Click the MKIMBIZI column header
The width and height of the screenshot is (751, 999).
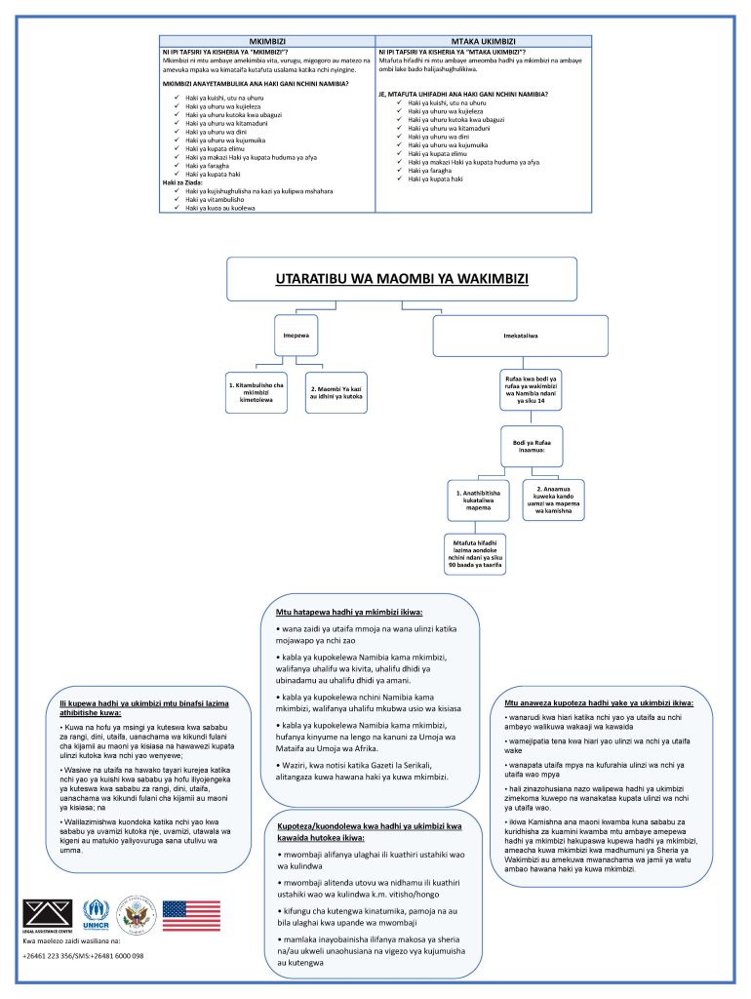click(x=267, y=41)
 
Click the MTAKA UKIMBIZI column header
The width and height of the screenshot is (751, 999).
click(x=484, y=41)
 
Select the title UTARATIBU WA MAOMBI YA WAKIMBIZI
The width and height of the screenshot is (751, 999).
click(x=402, y=278)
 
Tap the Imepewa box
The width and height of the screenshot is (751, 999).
click(x=296, y=336)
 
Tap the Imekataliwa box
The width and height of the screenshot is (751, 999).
click(x=521, y=336)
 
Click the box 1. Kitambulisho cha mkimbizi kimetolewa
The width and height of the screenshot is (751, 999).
click(x=257, y=392)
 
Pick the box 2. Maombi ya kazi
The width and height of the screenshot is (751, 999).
click(x=336, y=392)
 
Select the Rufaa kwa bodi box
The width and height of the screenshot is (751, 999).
click(x=531, y=389)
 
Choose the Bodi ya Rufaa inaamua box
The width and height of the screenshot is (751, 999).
click(x=532, y=446)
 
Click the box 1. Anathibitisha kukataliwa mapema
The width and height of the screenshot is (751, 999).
click(x=478, y=500)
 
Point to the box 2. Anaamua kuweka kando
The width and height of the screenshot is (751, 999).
click(x=554, y=500)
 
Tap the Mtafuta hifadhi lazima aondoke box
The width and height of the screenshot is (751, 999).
click(x=475, y=554)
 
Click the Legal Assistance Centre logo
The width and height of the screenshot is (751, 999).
click(x=48, y=916)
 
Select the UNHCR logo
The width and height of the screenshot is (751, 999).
click(x=97, y=915)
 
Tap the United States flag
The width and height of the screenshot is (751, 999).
click(x=191, y=915)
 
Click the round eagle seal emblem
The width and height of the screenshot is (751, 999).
click(x=137, y=915)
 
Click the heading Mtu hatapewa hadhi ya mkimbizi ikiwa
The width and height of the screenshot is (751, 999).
click(x=349, y=613)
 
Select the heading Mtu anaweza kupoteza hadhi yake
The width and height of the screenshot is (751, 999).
click(x=599, y=703)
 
